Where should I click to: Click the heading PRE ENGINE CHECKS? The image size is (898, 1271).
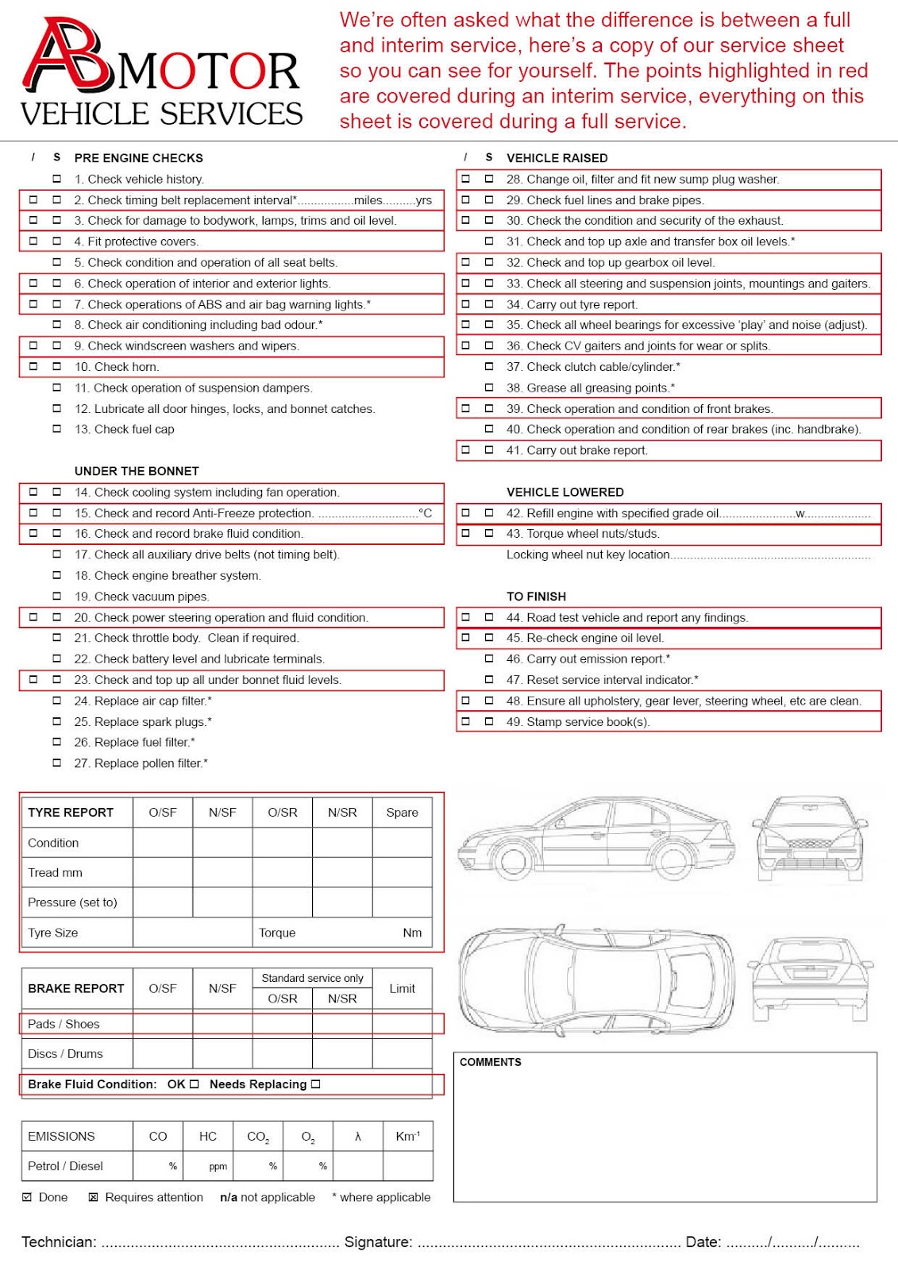click(x=138, y=158)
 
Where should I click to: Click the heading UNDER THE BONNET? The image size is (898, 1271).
click(x=137, y=471)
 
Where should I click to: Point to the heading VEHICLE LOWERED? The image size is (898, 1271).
click(x=565, y=493)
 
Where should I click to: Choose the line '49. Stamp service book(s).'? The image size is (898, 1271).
click(x=578, y=722)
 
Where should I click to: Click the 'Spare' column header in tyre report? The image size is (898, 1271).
click(x=402, y=813)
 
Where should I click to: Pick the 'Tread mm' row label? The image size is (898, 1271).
click(x=55, y=873)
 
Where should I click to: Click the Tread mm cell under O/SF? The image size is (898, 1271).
click(x=163, y=873)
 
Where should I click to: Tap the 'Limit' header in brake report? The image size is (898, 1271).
click(x=402, y=989)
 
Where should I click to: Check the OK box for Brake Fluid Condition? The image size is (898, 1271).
click(x=195, y=1084)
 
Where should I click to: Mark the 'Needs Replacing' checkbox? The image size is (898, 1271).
click(x=316, y=1084)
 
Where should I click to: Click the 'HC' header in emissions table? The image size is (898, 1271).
click(x=208, y=1137)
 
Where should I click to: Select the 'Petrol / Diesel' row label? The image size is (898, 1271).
click(x=65, y=1166)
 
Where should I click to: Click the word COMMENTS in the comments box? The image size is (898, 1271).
click(x=491, y=1062)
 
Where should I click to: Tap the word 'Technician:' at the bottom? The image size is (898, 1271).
click(x=59, y=1242)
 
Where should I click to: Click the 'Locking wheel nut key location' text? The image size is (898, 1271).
click(x=588, y=554)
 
